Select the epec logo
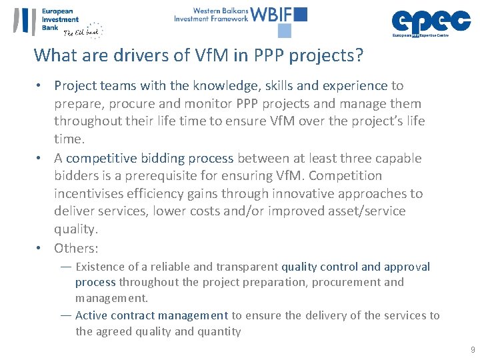point(431,22)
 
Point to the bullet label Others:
point(76,248)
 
